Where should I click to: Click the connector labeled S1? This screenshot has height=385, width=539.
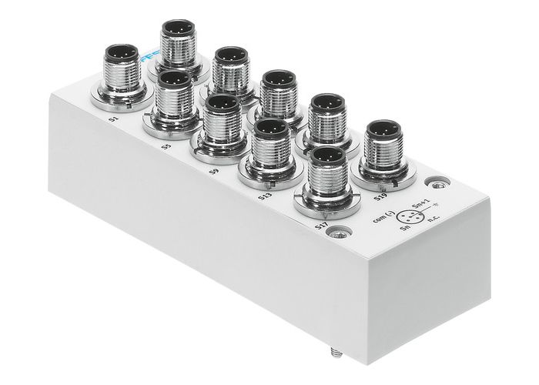click(122, 73)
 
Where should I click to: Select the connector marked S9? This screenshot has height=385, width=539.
click(220, 123)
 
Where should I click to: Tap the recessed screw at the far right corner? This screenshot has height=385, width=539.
click(439, 184)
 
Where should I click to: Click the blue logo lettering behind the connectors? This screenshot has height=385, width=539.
click(149, 57)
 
